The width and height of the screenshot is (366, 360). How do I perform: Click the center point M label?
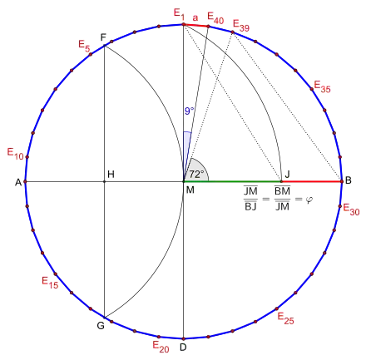point(190,190)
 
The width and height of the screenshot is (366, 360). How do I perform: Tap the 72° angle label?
point(196,175)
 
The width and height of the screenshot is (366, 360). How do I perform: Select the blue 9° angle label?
point(189,111)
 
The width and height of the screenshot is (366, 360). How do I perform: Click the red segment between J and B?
point(312,181)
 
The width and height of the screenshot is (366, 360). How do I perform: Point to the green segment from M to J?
point(232,181)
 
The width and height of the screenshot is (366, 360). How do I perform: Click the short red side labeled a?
point(195,26)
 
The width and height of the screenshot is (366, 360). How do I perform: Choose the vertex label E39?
point(241,26)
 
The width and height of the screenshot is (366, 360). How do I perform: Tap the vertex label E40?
point(215,18)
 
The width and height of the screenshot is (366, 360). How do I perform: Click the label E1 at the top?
point(179,14)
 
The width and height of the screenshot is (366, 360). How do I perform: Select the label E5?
point(84,46)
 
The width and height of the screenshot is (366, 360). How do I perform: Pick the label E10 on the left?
point(15,154)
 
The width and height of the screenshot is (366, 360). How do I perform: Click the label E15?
point(50,283)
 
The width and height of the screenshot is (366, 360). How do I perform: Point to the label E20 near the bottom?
point(161,347)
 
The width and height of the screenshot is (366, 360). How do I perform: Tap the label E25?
point(285,318)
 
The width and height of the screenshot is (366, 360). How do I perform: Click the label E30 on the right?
point(351,210)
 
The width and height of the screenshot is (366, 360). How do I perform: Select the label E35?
point(322,86)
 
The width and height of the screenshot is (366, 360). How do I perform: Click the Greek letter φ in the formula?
point(309,200)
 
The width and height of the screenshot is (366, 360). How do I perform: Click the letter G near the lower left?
point(101,325)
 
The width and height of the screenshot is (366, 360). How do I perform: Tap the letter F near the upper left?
point(103,37)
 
